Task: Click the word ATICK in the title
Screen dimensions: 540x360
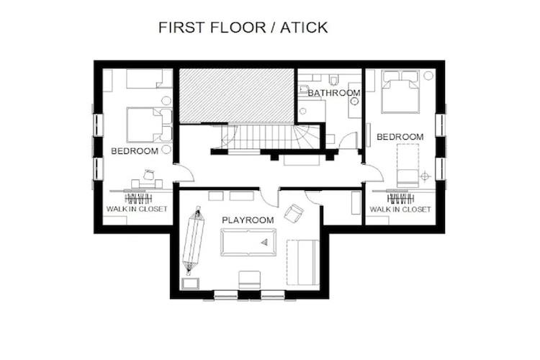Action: (304, 27)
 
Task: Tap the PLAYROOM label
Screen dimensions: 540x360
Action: (248, 220)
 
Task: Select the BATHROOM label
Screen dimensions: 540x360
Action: (334, 93)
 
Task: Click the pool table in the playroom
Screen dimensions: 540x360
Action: (248, 243)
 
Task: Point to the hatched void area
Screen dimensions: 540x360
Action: (237, 96)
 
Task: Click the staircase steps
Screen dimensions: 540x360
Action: (262, 137)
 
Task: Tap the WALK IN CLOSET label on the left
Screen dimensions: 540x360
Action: (137, 209)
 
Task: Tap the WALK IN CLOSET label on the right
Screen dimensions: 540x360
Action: (400, 210)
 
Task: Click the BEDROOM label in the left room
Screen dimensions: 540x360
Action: (135, 151)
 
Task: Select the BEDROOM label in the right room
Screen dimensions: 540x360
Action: (400, 137)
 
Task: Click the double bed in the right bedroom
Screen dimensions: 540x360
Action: (400, 92)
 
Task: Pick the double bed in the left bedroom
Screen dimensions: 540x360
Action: (149, 125)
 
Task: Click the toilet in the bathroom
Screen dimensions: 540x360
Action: (333, 80)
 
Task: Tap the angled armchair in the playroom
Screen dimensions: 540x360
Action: (294, 213)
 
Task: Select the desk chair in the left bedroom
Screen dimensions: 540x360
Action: (149, 175)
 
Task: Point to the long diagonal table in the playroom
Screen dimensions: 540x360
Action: (194, 240)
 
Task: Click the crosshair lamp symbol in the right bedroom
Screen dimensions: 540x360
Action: (426, 176)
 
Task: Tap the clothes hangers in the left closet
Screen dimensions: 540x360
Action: (138, 199)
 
